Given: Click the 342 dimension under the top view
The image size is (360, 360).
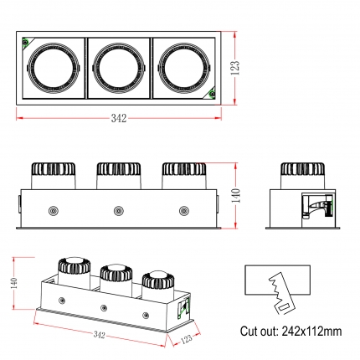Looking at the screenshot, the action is pos(119,118).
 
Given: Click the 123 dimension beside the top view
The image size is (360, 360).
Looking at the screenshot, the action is pos(236,68).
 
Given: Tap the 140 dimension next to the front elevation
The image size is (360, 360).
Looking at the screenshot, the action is pos(236,195).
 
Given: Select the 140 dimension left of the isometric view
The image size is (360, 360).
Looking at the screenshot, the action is pos(15,283).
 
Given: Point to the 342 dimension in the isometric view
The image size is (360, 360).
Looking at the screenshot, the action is pos(99,334).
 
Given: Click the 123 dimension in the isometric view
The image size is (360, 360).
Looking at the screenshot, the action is pos(187,339).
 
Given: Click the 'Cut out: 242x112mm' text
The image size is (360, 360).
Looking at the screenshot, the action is pos(291,332).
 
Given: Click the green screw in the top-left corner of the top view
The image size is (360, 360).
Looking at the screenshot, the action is pos(26,42).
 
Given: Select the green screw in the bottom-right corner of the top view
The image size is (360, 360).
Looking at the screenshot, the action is pos(212,94).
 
